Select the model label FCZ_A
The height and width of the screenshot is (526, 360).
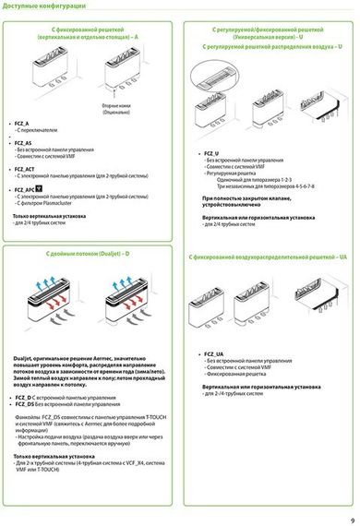coord(22,123)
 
